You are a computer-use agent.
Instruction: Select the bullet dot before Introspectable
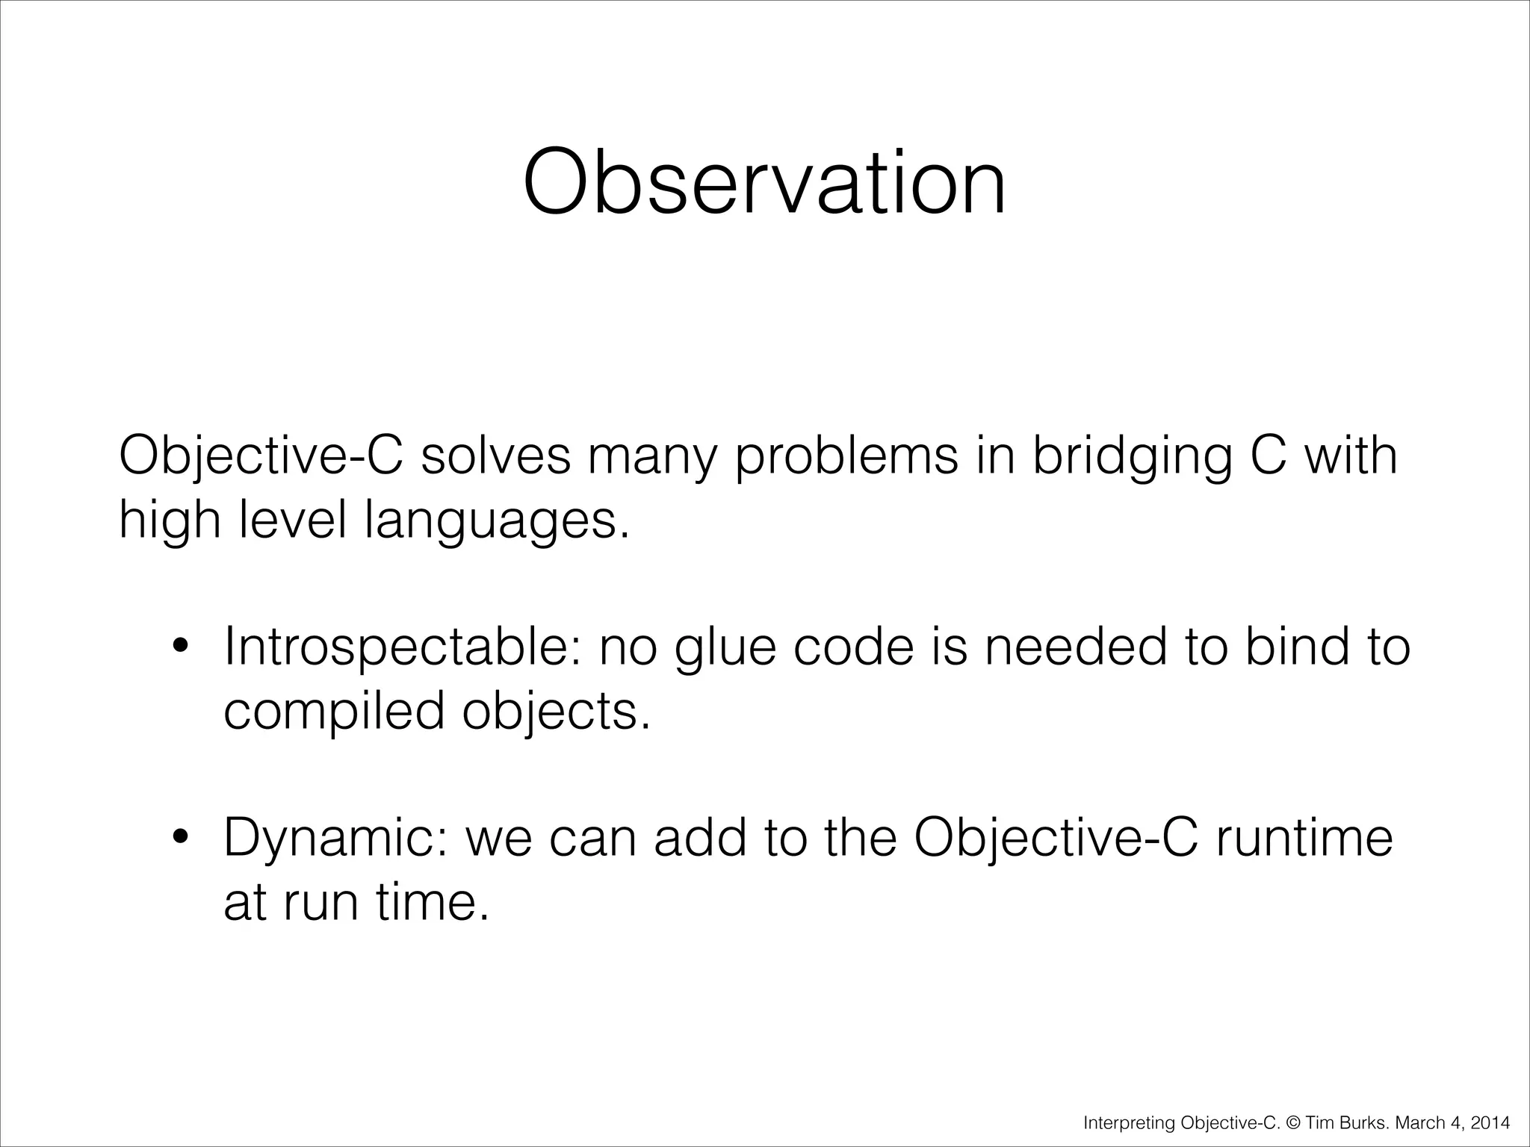[179, 648]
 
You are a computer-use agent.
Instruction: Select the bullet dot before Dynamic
[179, 839]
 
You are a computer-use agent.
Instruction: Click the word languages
[496, 521]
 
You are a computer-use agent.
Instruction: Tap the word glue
[726, 648]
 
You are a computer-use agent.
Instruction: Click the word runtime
[1304, 838]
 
